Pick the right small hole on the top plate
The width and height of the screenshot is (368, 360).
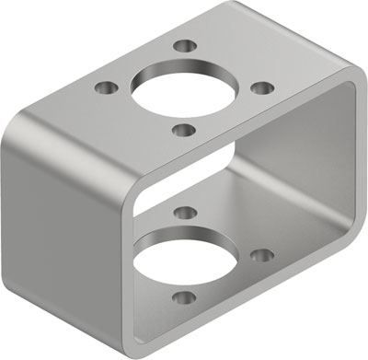point(261,87)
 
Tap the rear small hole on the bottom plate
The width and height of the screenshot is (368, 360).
point(181,214)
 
